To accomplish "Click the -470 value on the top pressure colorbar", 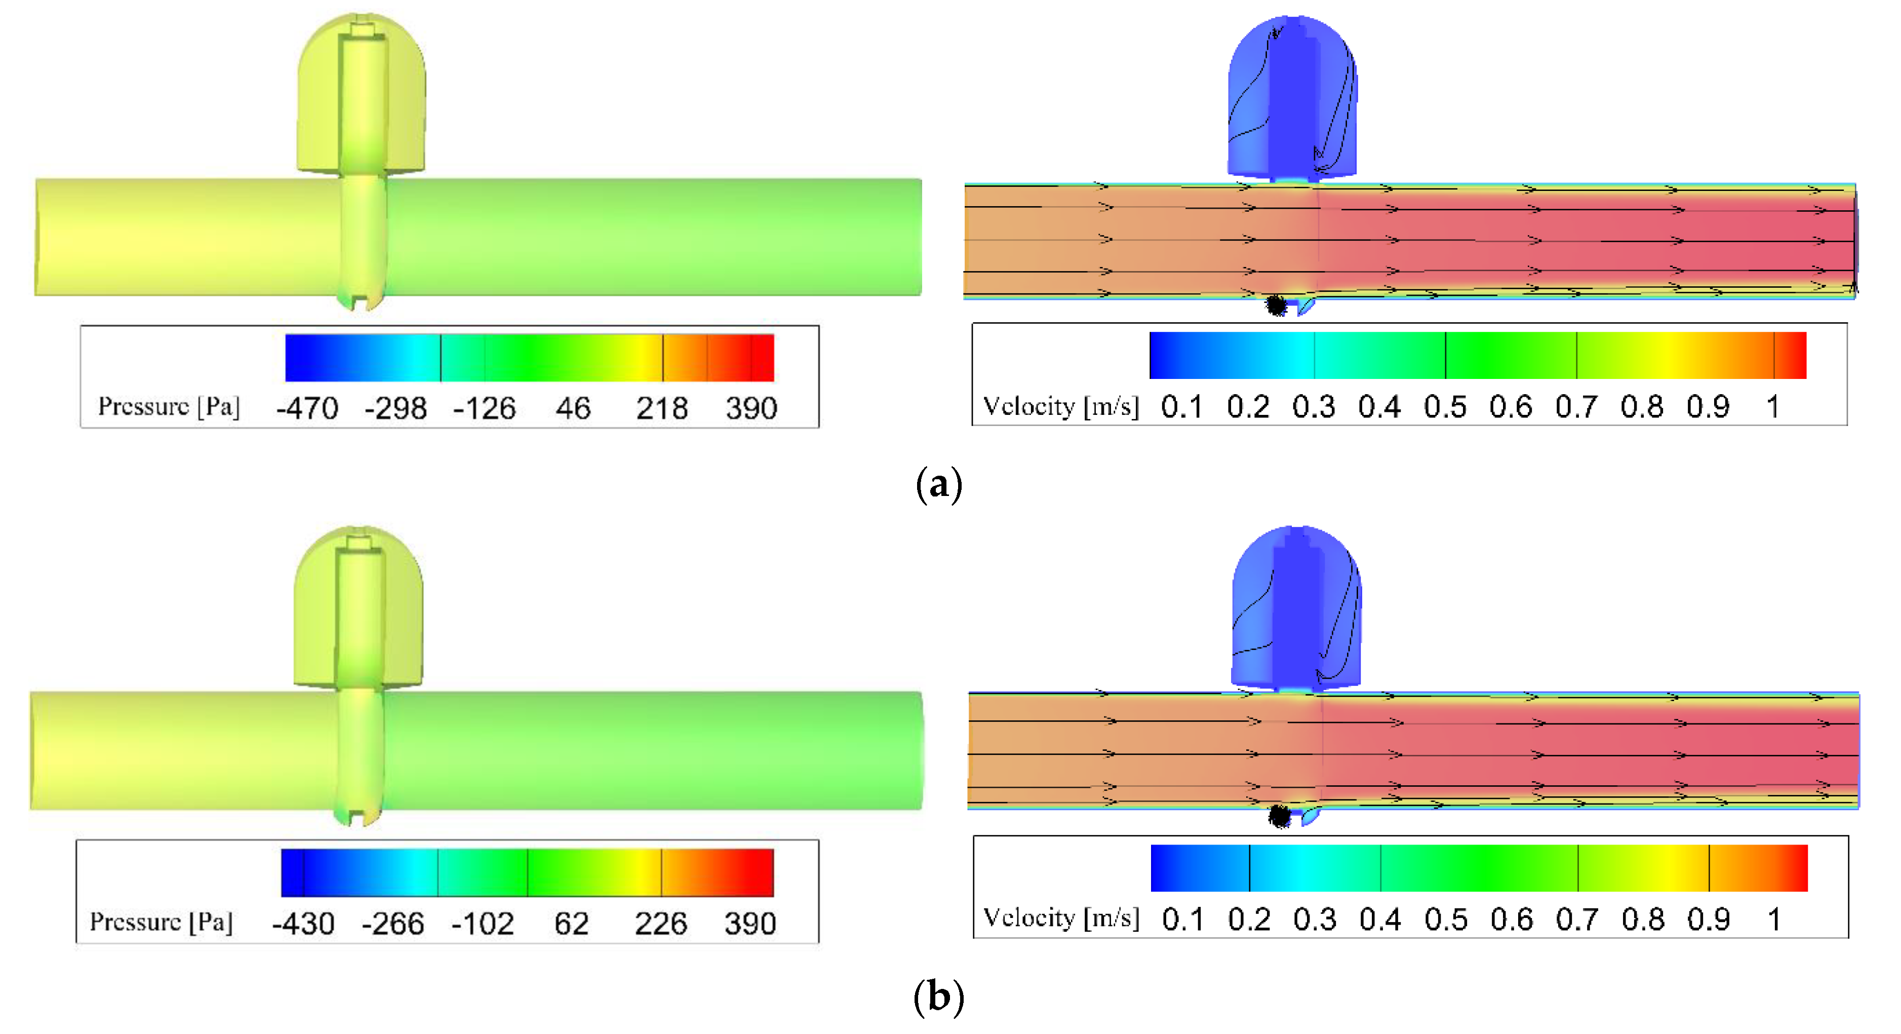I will click(307, 407).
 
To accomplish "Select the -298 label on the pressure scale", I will click(395, 407).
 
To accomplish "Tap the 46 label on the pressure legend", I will click(573, 407).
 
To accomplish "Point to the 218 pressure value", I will click(662, 407).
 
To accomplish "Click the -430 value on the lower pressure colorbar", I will click(303, 923).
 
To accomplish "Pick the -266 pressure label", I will click(392, 923).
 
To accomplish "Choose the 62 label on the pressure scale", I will click(572, 923).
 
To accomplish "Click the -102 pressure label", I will click(483, 923).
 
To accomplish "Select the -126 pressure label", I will click(484, 407).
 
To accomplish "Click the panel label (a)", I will click(939, 485).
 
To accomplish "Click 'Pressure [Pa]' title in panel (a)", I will click(169, 406).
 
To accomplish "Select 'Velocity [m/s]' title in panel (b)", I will click(1061, 918).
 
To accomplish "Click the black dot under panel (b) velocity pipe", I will click(1279, 816).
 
